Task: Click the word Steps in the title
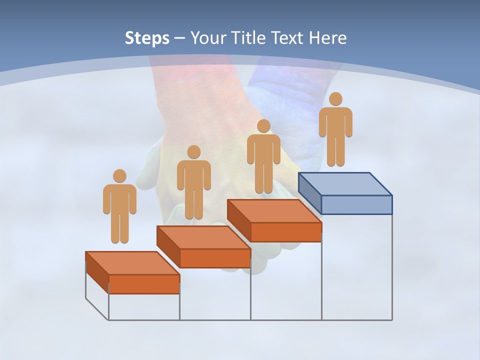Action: [147, 38]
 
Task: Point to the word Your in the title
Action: [208, 38]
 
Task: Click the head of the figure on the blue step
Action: [335, 99]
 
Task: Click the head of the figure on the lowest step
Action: [119, 176]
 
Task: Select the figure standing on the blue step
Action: [335, 130]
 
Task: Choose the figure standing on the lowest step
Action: [119, 207]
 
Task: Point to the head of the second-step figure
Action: [193, 152]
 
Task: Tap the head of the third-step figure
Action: [263, 126]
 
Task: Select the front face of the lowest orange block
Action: [144, 284]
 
